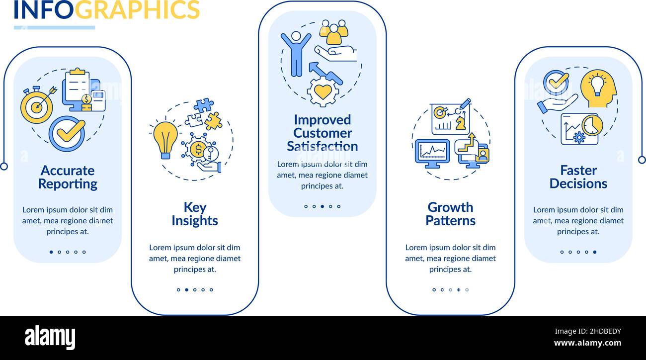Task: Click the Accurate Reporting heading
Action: (68, 177)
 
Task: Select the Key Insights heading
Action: (195, 214)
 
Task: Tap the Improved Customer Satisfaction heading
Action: (323, 133)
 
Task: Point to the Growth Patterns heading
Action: (451, 214)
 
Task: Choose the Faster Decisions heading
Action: (578, 177)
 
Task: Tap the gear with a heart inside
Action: (323, 91)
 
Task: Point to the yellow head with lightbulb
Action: (598, 88)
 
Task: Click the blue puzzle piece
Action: (204, 105)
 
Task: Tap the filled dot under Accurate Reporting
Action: (51, 252)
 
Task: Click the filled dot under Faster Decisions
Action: (595, 252)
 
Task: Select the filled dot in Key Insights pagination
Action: (186, 290)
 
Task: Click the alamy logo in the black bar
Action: (50, 337)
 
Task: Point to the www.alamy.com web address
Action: (587, 343)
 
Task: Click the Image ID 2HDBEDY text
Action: (588, 331)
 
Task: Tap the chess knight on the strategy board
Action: (461, 123)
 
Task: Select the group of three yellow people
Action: (333, 32)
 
